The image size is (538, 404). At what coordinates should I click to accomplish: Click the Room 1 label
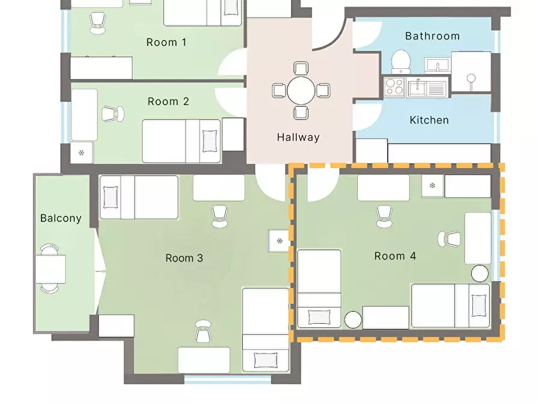[166, 42]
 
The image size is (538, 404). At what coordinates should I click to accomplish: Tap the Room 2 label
[168, 101]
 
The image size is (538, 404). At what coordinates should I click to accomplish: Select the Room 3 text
[184, 258]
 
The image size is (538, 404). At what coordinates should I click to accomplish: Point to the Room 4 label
[395, 256]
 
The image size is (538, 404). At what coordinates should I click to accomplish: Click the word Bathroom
[433, 36]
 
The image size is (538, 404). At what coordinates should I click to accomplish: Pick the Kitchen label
[429, 120]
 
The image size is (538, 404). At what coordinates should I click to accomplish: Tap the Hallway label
[298, 137]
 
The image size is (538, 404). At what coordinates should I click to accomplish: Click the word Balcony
[61, 218]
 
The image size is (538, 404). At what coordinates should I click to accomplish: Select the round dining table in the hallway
[301, 90]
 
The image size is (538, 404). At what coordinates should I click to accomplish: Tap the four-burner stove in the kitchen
[394, 87]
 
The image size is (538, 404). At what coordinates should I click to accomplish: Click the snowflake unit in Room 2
[81, 153]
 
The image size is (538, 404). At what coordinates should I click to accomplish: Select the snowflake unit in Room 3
[280, 241]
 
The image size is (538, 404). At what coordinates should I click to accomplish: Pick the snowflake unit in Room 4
[433, 186]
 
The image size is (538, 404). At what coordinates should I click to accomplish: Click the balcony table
[51, 269]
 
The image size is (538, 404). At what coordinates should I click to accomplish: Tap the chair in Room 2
[113, 114]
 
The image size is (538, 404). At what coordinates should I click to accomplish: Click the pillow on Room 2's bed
[210, 141]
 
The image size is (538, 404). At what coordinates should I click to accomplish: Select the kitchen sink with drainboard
[427, 87]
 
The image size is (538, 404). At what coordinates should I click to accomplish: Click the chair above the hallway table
[301, 68]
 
